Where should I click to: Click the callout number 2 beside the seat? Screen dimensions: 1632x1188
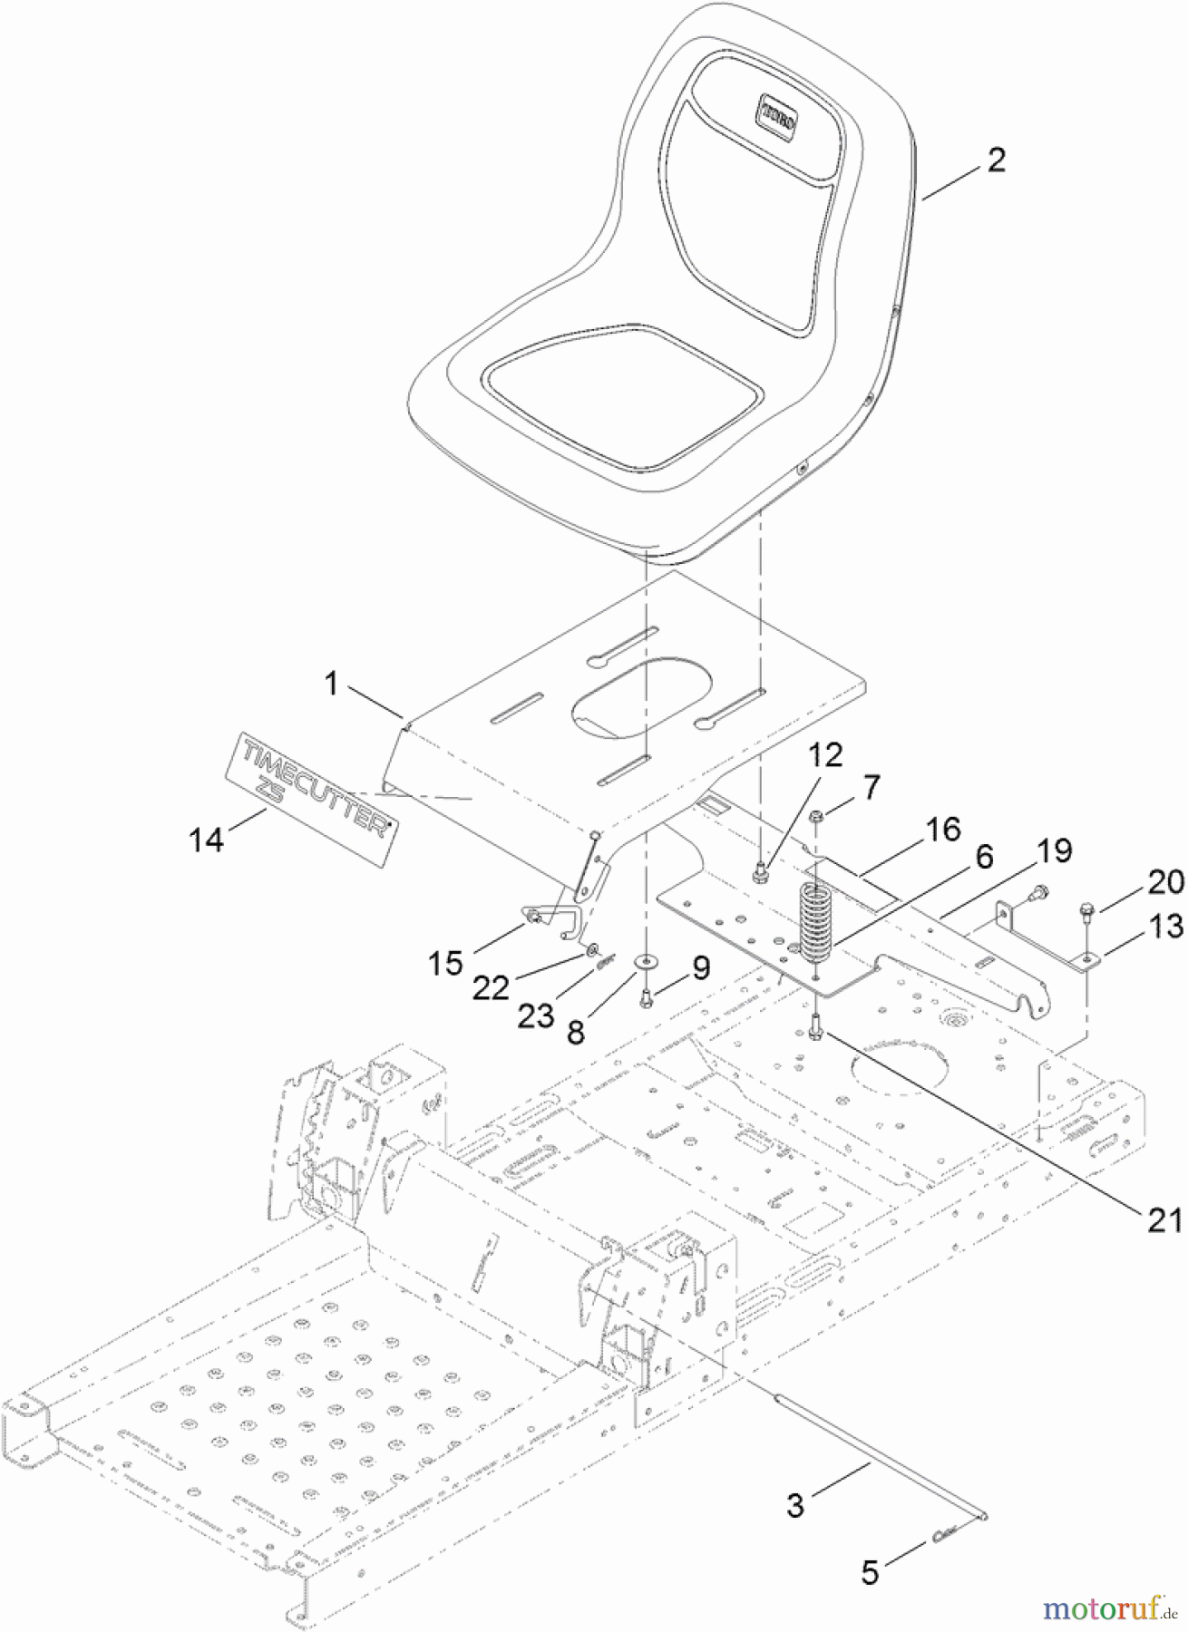pyautogui.click(x=996, y=160)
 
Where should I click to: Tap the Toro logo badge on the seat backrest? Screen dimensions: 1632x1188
pyautogui.click(x=778, y=118)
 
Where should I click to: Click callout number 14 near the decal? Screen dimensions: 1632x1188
pyautogui.click(x=206, y=840)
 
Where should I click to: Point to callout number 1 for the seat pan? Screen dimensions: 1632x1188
pyautogui.click(x=332, y=684)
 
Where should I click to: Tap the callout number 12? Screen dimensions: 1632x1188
pyautogui.click(x=826, y=754)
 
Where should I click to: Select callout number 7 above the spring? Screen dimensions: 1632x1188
pyautogui.click(x=871, y=786)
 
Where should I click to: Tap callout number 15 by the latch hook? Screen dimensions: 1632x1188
pyautogui.click(x=445, y=963)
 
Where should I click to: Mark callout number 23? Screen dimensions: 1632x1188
pyautogui.click(x=535, y=1015)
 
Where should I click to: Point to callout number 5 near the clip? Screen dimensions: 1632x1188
pyautogui.click(x=870, y=1572)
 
